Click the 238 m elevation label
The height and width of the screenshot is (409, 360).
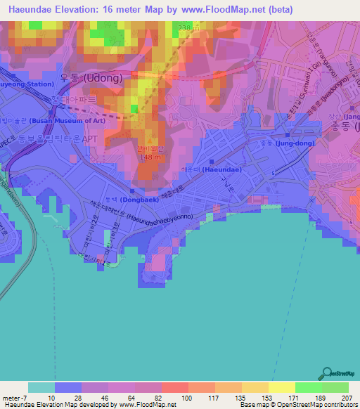click(x=185, y=27)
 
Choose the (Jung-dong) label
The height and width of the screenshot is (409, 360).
click(x=294, y=143)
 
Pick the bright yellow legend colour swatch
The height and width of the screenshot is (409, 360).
click(x=282, y=387)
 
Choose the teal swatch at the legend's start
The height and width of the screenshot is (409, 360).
click(x=41, y=387)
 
